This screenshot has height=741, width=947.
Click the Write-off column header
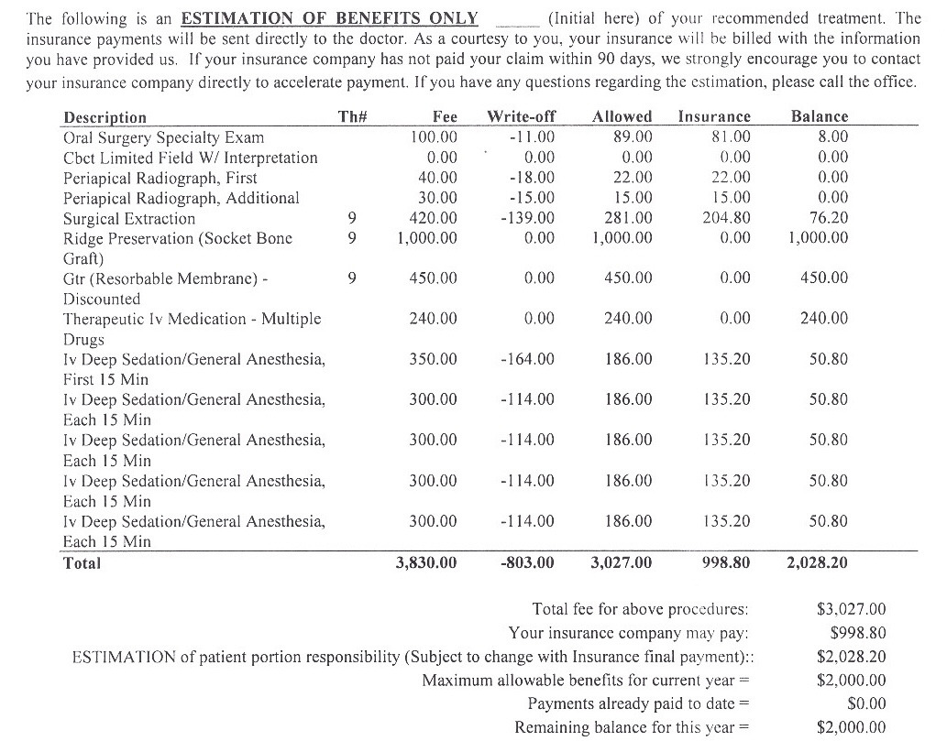tap(522, 117)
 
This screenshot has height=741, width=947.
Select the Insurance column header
tap(714, 117)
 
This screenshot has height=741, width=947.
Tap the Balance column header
tap(820, 117)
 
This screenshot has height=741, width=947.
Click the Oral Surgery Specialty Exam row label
tap(163, 137)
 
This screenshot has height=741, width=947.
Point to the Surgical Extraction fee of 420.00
tap(434, 218)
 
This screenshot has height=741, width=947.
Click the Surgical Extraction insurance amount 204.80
tap(725, 218)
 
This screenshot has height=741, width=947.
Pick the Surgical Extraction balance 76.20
tap(828, 218)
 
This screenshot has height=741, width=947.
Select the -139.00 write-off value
tap(529, 218)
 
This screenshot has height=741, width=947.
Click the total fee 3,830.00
tap(426, 562)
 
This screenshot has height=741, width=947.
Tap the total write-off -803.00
tap(528, 562)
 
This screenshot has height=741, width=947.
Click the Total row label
tap(82, 563)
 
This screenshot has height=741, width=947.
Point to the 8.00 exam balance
tap(833, 137)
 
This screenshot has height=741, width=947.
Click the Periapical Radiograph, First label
tap(160, 178)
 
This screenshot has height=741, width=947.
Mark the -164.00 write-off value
tap(529, 359)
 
